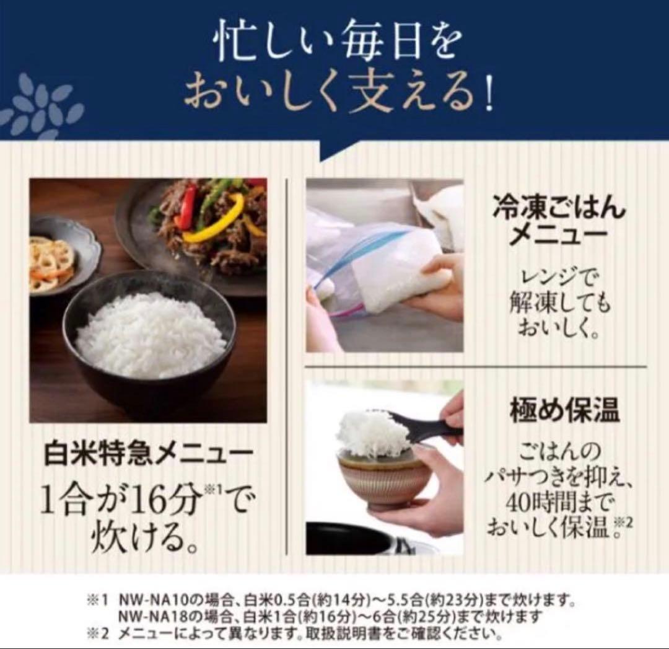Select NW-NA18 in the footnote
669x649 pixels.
click(147, 617)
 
